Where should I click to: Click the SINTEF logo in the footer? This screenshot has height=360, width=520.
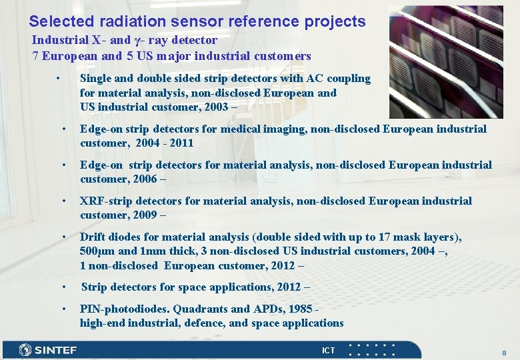48,350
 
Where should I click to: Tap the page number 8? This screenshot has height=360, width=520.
504,352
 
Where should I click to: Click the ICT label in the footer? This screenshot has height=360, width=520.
329,351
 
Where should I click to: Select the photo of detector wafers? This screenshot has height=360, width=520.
446,61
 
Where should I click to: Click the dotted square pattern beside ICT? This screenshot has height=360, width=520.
372,351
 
